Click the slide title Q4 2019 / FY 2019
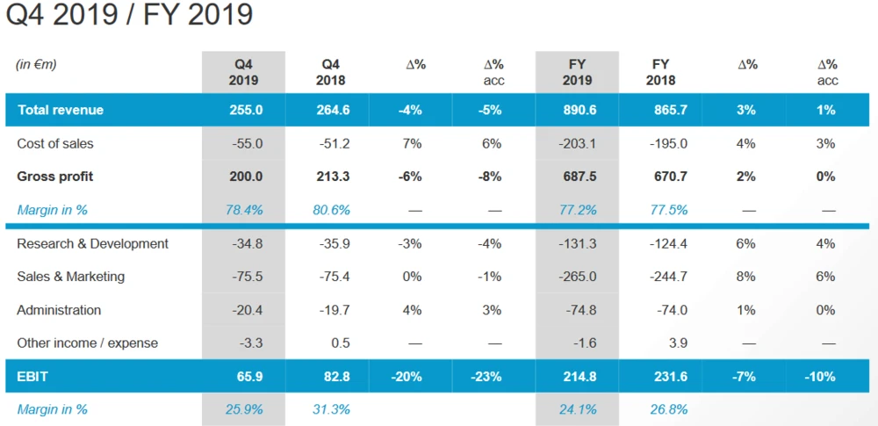tap(129, 15)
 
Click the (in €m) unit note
tap(36, 64)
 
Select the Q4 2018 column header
tap(331, 72)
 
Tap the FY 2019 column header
tap(577, 72)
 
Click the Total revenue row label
tap(60, 110)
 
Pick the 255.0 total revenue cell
tap(245, 110)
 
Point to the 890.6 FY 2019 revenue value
tap(579, 110)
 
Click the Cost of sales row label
tap(54, 143)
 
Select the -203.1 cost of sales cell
tap(577, 143)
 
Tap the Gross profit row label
tap(54, 177)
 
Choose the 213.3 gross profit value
tap(333, 177)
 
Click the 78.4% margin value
tap(245, 210)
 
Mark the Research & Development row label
tap(92, 243)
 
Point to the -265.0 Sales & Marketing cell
tap(577, 277)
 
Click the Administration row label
tap(59, 310)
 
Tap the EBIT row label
tap(32, 377)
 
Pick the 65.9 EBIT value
tap(248, 377)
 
